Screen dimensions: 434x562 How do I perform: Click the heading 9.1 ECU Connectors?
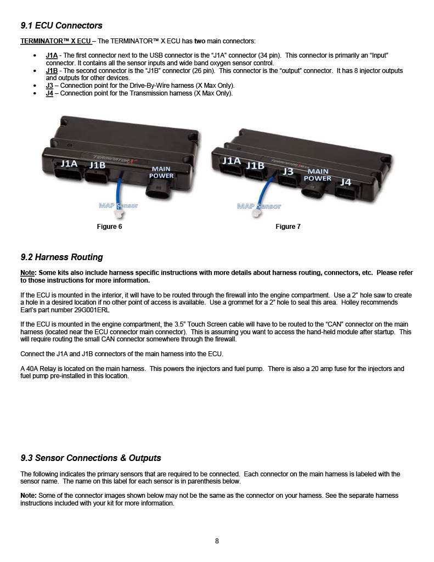pyautogui.click(x=61, y=25)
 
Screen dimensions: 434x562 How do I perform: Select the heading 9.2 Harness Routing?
pyautogui.click(x=61, y=257)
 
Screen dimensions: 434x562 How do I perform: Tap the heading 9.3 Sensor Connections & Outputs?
pyautogui.click(x=91, y=458)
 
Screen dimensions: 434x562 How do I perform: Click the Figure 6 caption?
pyautogui.click(x=109, y=227)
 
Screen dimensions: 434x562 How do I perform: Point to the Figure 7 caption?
pyautogui.click(x=288, y=227)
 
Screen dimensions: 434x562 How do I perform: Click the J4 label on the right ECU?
pyautogui.click(x=346, y=182)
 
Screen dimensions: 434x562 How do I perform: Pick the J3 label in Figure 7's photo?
pyautogui.click(x=288, y=171)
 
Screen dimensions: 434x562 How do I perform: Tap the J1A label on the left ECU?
pyautogui.click(x=69, y=164)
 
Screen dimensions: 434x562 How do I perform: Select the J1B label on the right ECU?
pyautogui.click(x=255, y=166)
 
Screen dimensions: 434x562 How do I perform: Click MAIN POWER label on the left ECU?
pyautogui.click(x=161, y=172)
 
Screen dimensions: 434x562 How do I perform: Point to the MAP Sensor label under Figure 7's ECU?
pyautogui.click(x=259, y=206)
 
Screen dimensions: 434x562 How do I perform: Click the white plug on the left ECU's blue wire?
pyautogui.click(x=119, y=213)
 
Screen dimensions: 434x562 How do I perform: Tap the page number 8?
pyautogui.click(x=217, y=541)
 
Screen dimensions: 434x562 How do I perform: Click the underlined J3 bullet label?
pyautogui.click(x=49, y=86)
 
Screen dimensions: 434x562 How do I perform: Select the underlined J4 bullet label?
pyautogui.click(x=49, y=93)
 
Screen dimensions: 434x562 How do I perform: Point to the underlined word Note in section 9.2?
pyautogui.click(x=27, y=273)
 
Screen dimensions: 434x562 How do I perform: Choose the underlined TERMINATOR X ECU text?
pyautogui.click(x=55, y=41)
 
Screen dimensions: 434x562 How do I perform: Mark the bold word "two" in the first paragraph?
pyautogui.click(x=200, y=41)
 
